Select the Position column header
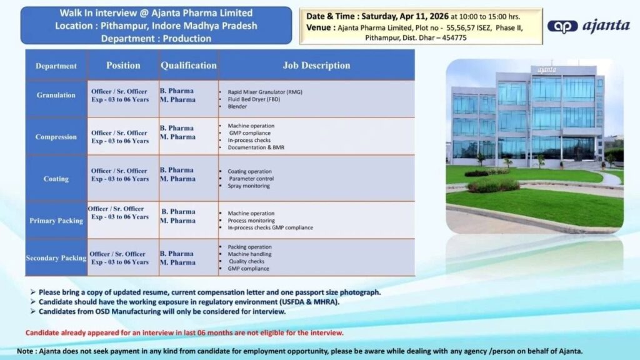[123, 65]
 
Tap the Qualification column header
[188, 65]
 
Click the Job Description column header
[316, 65]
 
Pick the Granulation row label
[56, 95]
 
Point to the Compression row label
[56, 137]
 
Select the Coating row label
[56, 179]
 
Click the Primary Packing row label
[56, 221]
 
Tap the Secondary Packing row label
[56, 258]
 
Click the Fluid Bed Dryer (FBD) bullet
[249, 99]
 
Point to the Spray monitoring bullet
[249, 186]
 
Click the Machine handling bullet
[249, 254]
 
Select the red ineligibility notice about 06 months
[184, 332]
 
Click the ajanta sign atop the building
[546, 70]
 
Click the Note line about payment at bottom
[299, 351]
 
